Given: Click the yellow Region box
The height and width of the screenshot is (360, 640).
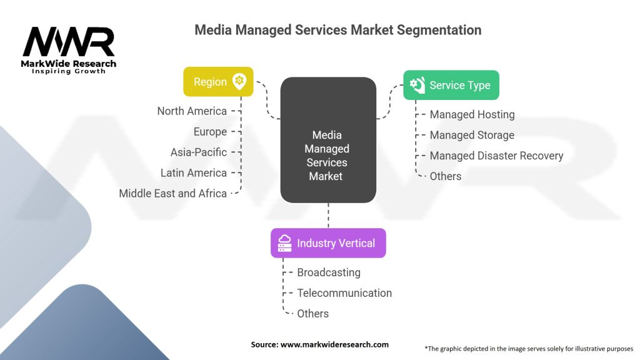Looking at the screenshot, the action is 218,82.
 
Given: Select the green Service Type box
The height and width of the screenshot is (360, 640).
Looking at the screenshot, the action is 451,85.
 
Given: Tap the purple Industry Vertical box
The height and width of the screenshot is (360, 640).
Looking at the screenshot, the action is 328,243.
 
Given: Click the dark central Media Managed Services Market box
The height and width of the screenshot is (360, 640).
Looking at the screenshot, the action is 328,140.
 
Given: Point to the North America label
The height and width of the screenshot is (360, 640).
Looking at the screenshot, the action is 192,111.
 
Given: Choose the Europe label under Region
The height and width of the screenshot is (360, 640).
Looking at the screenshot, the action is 210,132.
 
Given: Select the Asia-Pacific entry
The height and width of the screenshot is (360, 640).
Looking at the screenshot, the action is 199,152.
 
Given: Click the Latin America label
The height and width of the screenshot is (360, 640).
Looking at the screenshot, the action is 194,172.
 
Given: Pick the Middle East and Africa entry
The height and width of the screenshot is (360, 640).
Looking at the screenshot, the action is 172,194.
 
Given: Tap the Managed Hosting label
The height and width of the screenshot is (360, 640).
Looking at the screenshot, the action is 472,115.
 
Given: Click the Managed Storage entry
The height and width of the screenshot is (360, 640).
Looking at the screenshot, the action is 472,135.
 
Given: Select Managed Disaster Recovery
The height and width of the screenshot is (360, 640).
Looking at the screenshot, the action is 496,156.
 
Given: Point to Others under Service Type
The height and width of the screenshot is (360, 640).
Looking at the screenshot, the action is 445,176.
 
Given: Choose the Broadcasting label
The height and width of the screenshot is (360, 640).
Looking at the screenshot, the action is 329,272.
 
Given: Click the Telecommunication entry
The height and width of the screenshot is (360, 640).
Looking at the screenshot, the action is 344,293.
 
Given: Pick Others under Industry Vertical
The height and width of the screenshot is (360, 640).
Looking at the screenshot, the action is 312,314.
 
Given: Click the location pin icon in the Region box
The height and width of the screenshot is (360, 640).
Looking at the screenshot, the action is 239,81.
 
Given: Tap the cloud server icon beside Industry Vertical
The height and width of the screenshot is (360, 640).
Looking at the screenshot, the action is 284,243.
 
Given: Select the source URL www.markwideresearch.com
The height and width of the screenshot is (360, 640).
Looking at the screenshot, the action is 335,344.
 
